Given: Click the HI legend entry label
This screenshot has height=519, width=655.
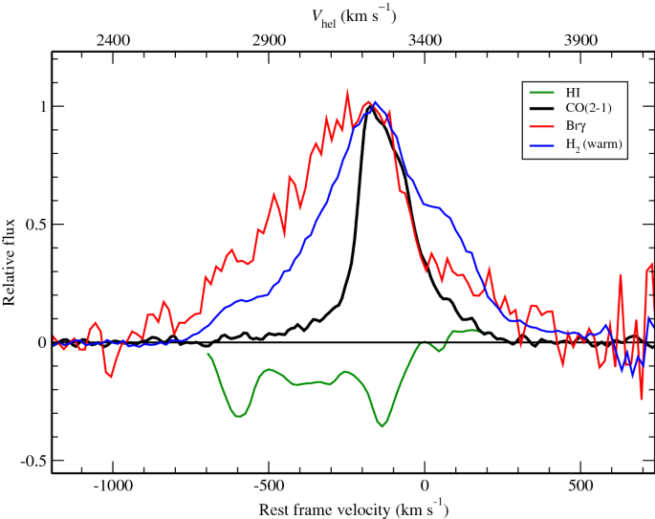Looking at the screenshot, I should tap(575, 92).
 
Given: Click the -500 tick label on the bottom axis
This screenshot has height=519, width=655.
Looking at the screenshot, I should tap(269, 485).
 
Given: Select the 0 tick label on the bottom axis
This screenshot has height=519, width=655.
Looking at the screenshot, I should tap(425, 485).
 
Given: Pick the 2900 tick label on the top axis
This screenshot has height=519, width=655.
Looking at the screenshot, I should tap(269, 41).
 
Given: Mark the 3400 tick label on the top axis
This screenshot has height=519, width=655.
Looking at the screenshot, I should tap(425, 41).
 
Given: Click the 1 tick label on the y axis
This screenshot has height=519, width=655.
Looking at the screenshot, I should tap(39, 106).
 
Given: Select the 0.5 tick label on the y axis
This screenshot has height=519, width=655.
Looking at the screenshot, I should tap(33, 224).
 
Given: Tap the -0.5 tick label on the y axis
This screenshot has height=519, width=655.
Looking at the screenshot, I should tap(31, 460).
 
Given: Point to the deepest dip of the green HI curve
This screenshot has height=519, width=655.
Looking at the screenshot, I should tap(382, 426).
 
